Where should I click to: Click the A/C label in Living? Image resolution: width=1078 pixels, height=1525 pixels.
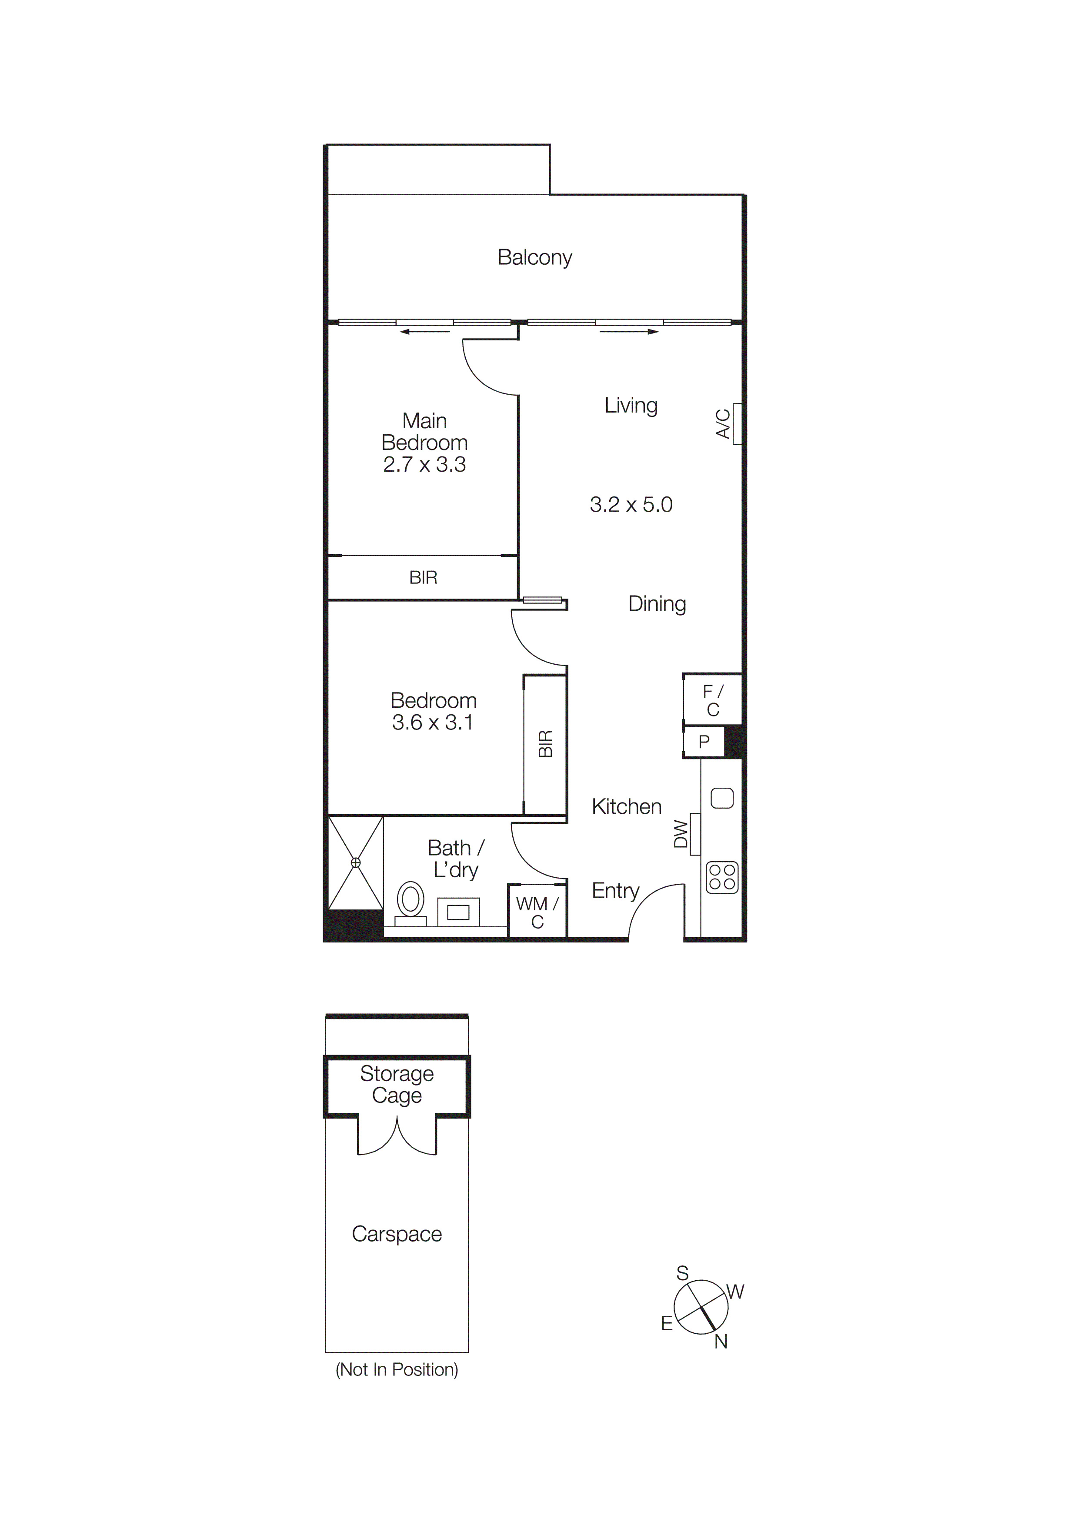723,424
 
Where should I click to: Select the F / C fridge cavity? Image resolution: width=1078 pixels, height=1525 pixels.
713,700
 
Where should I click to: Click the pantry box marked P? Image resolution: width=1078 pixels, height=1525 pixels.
704,742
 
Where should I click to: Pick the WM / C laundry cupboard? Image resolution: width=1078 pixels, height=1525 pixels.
537,912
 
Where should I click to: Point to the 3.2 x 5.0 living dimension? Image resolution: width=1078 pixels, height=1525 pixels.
631,505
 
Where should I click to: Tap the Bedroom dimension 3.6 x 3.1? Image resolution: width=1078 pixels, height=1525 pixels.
433,722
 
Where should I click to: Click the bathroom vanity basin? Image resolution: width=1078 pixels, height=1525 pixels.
458,912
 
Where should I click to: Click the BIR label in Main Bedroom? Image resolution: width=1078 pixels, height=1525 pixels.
423,578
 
